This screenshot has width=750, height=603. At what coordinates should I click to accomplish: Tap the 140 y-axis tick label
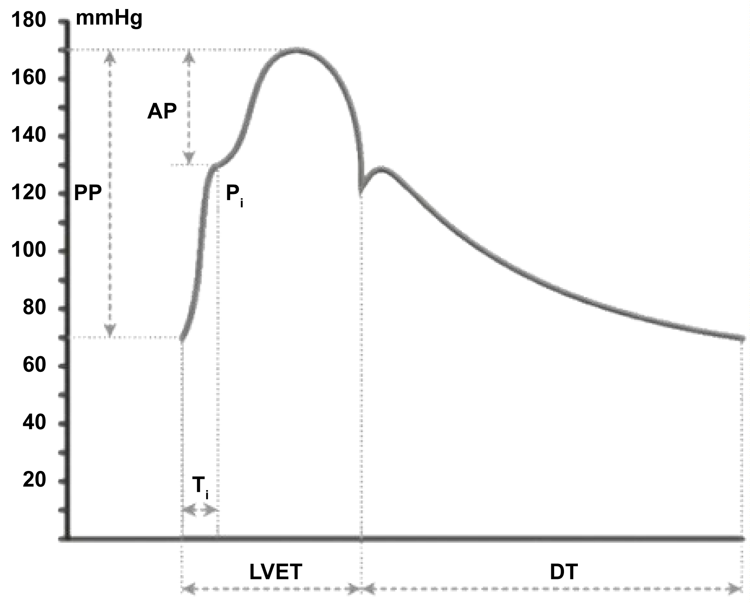coord(28,135)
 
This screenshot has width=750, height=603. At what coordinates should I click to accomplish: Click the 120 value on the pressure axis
coord(28,193)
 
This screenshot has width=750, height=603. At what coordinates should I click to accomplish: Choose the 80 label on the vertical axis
coord(34,308)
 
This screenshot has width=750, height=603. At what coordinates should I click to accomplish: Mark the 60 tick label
coord(34,365)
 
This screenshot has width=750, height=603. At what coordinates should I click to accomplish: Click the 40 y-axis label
coord(34,423)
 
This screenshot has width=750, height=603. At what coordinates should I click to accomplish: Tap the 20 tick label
coord(34,480)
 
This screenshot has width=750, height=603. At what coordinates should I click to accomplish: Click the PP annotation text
coord(88,194)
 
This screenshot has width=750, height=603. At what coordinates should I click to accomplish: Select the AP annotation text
coord(162,111)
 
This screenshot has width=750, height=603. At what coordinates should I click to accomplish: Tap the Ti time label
coord(200,486)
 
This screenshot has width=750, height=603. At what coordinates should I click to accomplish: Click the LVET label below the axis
coord(276,572)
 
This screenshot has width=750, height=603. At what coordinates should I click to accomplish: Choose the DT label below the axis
coord(564,572)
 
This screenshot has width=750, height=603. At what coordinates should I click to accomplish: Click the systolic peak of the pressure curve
coord(296,50)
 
